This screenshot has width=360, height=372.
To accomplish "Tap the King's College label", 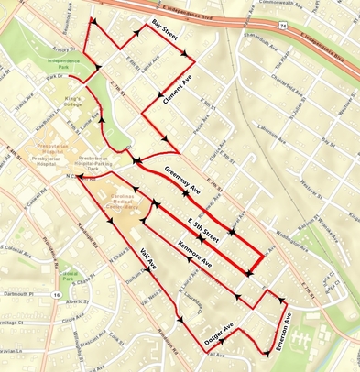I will (x=76, y=99).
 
